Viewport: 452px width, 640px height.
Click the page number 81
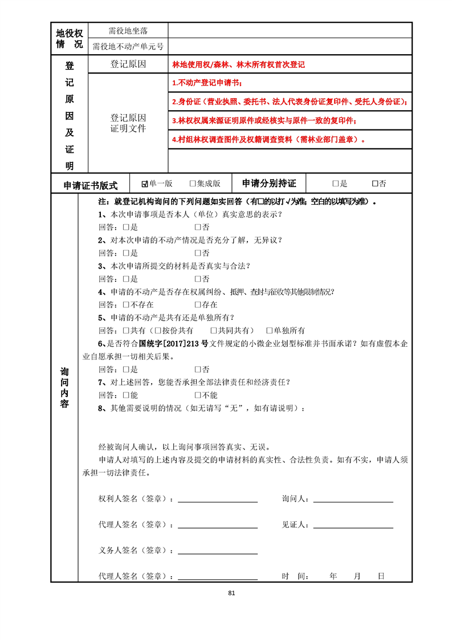tap(231, 593)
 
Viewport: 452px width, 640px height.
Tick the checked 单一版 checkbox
tap(145, 184)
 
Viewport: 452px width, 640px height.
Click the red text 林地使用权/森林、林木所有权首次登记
tap(238, 64)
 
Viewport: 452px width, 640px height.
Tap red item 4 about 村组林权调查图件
tap(268, 139)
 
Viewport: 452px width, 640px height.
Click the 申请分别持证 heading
tap(269, 184)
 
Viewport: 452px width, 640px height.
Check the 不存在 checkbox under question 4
tap(127, 305)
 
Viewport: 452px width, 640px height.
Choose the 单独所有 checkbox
tap(270, 331)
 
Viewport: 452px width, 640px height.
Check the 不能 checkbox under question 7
tap(198, 395)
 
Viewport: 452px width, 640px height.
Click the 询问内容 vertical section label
tap(64, 388)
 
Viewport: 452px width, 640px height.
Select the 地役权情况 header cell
tap(70, 38)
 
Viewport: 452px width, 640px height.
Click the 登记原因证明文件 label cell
tap(128, 123)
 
